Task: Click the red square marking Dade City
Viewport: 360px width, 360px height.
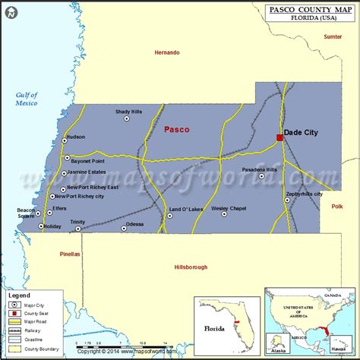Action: pos(279,137)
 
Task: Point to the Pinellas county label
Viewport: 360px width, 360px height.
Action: pos(69,255)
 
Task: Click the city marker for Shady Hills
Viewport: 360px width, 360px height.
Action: pos(128,119)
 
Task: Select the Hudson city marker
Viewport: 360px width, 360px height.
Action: pos(62,137)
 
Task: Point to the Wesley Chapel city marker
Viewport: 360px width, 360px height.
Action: pos(225,214)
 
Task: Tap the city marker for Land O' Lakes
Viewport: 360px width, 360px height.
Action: pos(169,215)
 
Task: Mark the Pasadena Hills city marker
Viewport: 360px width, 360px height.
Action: pos(261,176)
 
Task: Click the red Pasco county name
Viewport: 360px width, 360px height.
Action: pos(176,129)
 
